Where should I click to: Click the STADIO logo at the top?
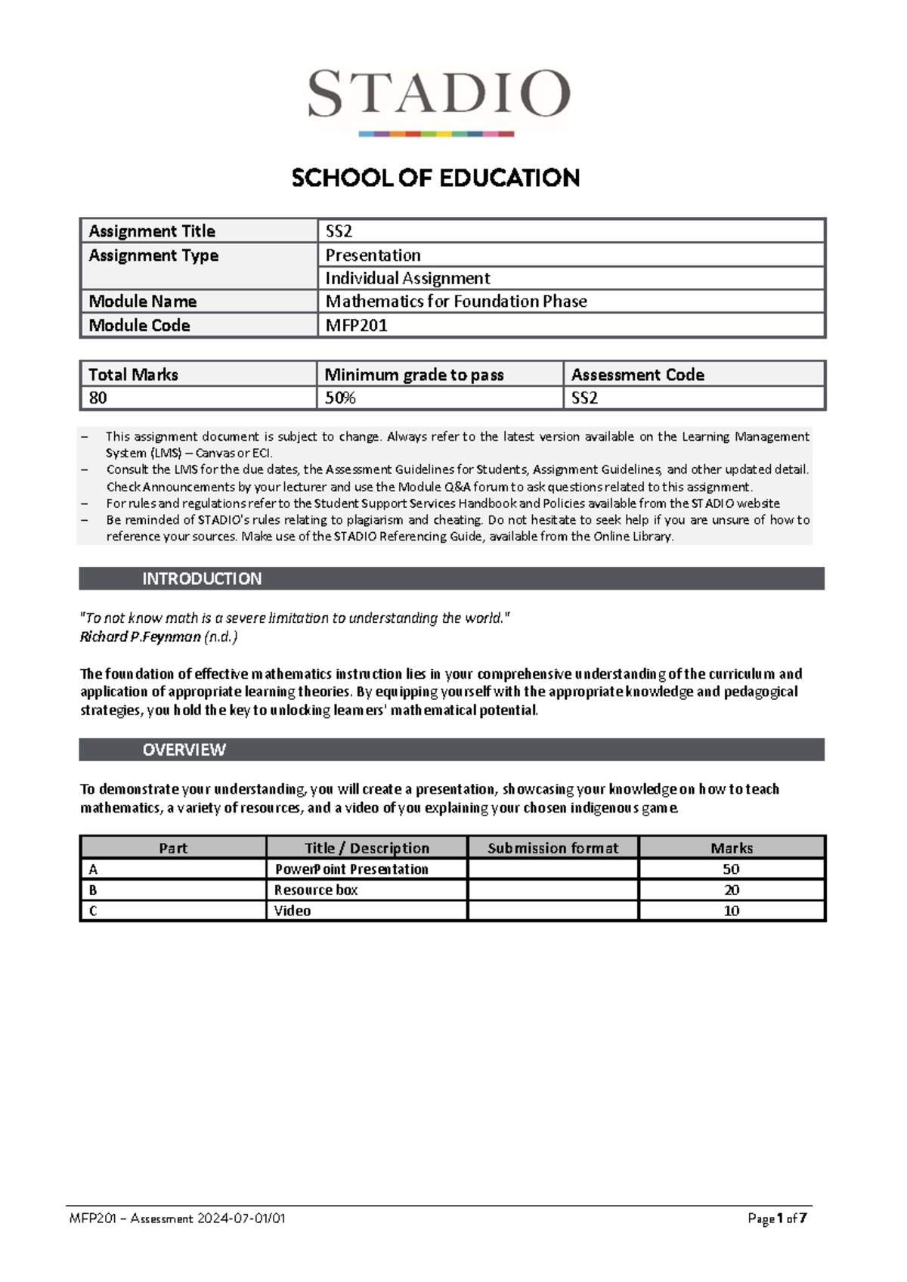pyautogui.click(x=438, y=98)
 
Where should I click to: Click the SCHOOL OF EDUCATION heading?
pyautogui.click(x=436, y=178)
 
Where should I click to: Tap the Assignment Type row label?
pyautogui.click(x=153, y=255)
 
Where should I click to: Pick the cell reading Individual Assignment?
pyautogui.click(x=407, y=278)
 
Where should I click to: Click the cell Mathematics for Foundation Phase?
pyautogui.click(x=456, y=302)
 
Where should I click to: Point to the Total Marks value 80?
pyautogui.click(x=98, y=398)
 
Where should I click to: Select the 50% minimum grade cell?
pyautogui.click(x=340, y=398)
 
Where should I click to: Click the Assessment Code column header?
pyautogui.click(x=637, y=375)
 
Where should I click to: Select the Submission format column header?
pyautogui.click(x=553, y=848)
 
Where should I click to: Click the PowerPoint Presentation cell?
pyautogui.click(x=351, y=869)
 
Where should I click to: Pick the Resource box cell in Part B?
pyautogui.click(x=316, y=890)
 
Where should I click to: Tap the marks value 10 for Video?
pyautogui.click(x=731, y=911)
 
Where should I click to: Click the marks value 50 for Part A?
pyautogui.click(x=731, y=869)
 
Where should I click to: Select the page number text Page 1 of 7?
pyautogui.click(x=777, y=1219)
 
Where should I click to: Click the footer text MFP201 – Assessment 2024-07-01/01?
pyautogui.click(x=178, y=1219)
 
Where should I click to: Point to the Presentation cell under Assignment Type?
pyautogui.click(x=373, y=255)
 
